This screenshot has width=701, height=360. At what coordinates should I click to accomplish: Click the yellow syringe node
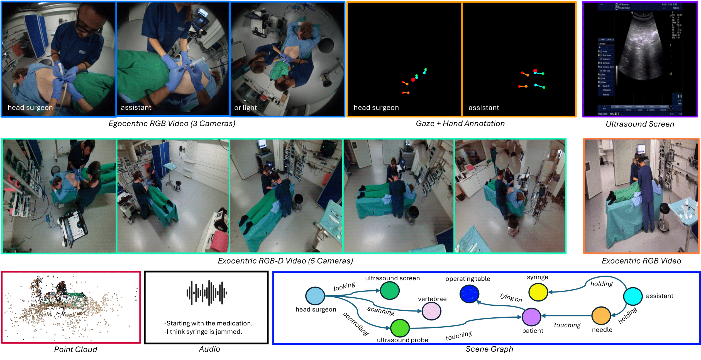538,292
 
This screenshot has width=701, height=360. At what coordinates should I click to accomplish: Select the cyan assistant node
633,296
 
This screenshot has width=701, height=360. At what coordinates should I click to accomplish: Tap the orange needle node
601,316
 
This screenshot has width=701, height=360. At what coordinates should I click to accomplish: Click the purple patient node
531,317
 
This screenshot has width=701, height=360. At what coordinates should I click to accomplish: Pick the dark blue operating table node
469,294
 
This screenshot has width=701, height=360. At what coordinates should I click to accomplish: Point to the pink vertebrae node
431,311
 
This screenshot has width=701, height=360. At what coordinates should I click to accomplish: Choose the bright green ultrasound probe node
400,328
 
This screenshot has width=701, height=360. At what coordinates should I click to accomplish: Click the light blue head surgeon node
315,296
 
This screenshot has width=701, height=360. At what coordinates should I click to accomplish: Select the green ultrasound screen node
390,290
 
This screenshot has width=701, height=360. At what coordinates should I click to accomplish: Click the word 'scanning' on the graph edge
381,311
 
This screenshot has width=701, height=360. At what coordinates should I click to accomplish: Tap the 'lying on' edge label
511,297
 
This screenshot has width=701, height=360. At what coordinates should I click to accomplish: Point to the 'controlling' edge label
356,324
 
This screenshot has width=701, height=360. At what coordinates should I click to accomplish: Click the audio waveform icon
207,293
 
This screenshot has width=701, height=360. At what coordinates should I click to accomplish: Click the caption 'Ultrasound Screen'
640,124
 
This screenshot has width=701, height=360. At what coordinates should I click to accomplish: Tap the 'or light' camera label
245,108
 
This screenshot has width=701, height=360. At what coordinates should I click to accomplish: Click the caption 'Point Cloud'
75,349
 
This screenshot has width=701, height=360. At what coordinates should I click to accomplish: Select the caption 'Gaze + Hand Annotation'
460,123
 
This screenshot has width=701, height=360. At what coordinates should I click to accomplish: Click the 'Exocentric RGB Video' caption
641,261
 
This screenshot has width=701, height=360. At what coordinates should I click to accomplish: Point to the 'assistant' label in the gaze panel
483,108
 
